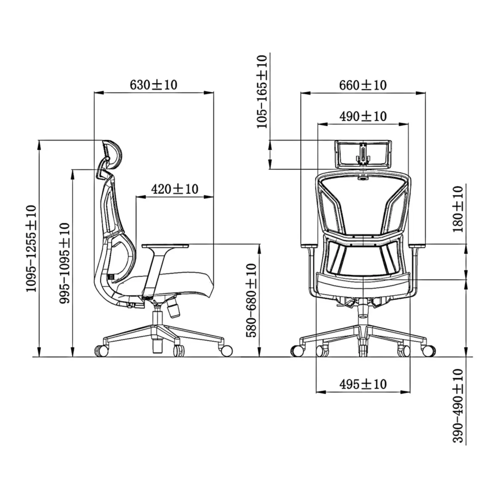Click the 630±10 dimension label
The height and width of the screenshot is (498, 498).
[x=153, y=85]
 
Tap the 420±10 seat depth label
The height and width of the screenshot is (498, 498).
[x=175, y=189]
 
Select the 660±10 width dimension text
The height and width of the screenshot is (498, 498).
[x=363, y=85]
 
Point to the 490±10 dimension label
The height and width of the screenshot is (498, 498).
[x=363, y=116]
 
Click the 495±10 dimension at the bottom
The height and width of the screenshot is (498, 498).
[x=363, y=384]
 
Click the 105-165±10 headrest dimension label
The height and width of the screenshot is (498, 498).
[x=262, y=92]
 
